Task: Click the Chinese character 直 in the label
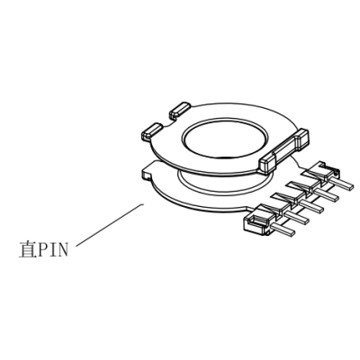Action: click(x=27, y=249)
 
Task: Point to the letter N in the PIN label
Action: click(x=62, y=250)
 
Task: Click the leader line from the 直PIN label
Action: click(x=110, y=225)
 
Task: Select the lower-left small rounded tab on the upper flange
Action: click(x=152, y=130)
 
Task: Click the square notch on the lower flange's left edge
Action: click(x=145, y=175)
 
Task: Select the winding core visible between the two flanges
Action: click(x=225, y=184)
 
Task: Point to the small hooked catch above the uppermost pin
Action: click(x=328, y=168)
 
